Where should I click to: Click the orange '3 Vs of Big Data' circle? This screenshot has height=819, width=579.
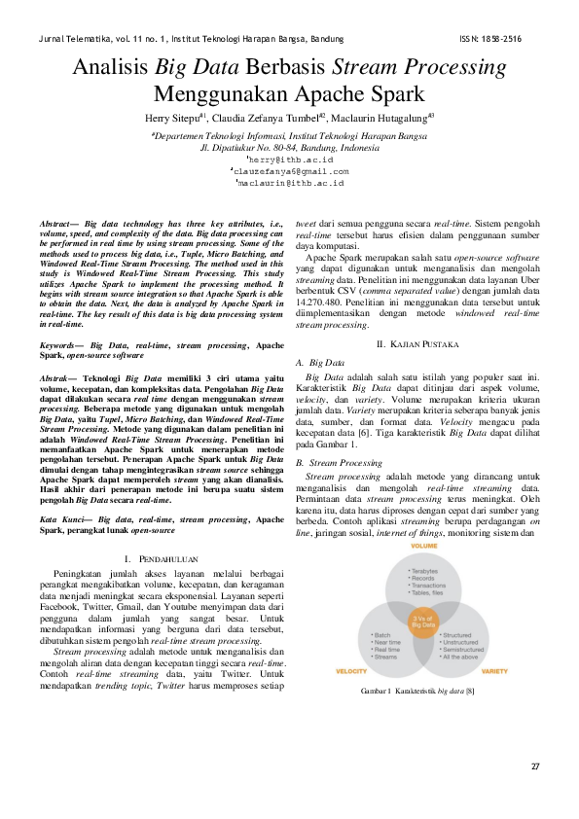pyautogui.click(x=423, y=620)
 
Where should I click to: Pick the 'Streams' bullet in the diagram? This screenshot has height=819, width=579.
pyautogui.click(x=385, y=657)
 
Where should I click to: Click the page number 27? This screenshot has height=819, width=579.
pyautogui.click(x=534, y=767)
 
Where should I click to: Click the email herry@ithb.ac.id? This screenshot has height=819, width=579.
pyautogui.click(x=290, y=158)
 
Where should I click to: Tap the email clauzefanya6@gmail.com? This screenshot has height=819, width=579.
pyautogui.click(x=290, y=170)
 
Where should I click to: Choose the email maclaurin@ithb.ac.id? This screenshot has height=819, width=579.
pyautogui.click(x=290, y=182)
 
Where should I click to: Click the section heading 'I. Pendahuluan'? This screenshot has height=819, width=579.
pyautogui.click(x=163, y=531)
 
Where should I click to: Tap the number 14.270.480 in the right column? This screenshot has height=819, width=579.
pyautogui.click(x=321, y=301)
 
